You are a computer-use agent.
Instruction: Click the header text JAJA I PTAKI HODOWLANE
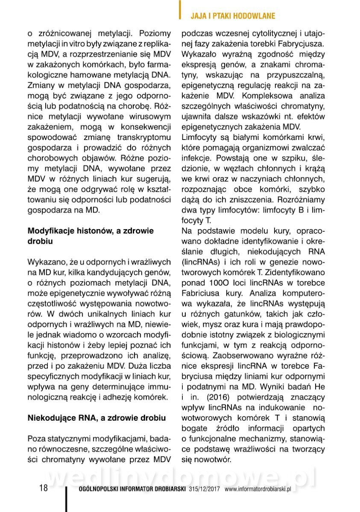click(233, 16)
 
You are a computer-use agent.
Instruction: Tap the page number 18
click(44, 489)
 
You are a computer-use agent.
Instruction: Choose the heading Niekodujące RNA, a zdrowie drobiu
click(97, 417)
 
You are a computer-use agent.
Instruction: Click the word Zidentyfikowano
click(296, 272)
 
